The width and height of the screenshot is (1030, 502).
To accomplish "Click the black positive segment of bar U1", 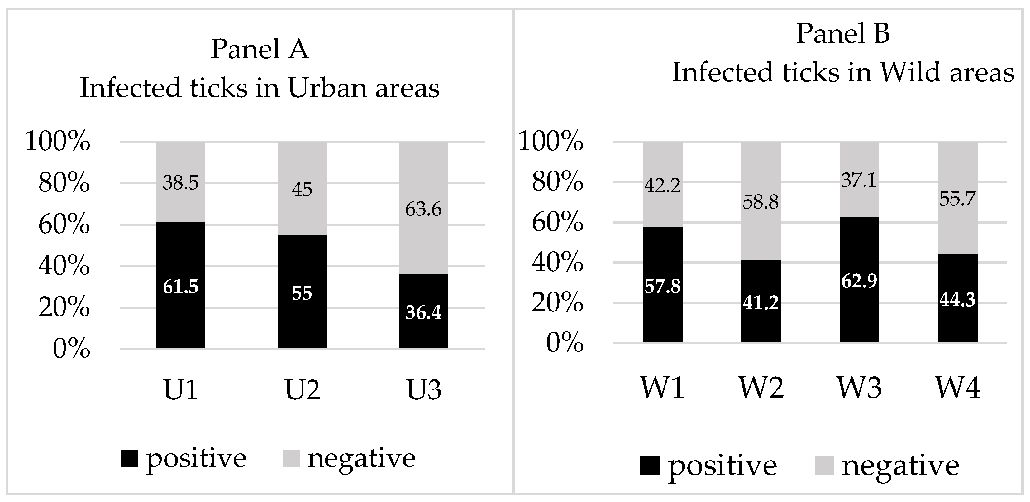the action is coord(181,285).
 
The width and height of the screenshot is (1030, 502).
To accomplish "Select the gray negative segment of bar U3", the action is coord(424,208).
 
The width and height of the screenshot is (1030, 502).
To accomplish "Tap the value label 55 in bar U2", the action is coord(302,293).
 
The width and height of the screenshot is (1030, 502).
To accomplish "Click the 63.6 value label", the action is coord(423,209).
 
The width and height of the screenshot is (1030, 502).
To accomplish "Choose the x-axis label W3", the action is coord(859,388).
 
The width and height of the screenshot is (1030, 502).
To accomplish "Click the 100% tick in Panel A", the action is coord(58,141).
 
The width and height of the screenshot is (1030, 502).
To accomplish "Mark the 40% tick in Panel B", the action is coord(557,263).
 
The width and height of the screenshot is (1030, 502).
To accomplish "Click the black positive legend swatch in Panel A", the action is coord(130,458).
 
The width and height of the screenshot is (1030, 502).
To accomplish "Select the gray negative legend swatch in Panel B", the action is coord(824,466).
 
